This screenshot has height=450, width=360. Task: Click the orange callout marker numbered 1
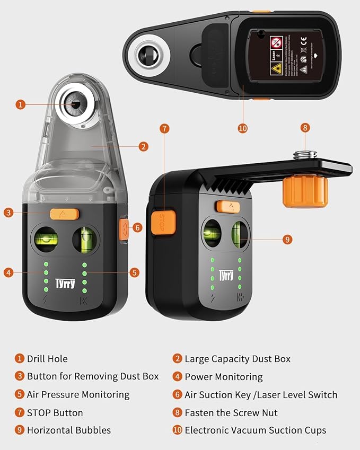tap(20, 104)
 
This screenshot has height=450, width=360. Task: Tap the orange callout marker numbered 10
tap(242, 128)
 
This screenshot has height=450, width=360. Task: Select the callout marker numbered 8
tap(305, 128)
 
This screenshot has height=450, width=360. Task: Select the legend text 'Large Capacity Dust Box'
tap(237, 359)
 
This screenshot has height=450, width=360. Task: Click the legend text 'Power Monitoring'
tap(223, 377)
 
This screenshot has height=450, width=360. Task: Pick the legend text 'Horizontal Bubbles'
tap(69, 430)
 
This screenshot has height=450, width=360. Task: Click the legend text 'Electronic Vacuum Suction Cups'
tap(255, 430)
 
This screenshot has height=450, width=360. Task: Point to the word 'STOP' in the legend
tap(40, 412)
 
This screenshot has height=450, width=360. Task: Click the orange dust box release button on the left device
tap(64, 214)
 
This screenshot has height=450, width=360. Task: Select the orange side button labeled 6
tap(124, 229)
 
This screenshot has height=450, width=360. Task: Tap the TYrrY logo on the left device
tap(65, 284)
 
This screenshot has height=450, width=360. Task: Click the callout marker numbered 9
tap(287, 240)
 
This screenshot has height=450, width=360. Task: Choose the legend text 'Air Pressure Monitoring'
tap(78, 394)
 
